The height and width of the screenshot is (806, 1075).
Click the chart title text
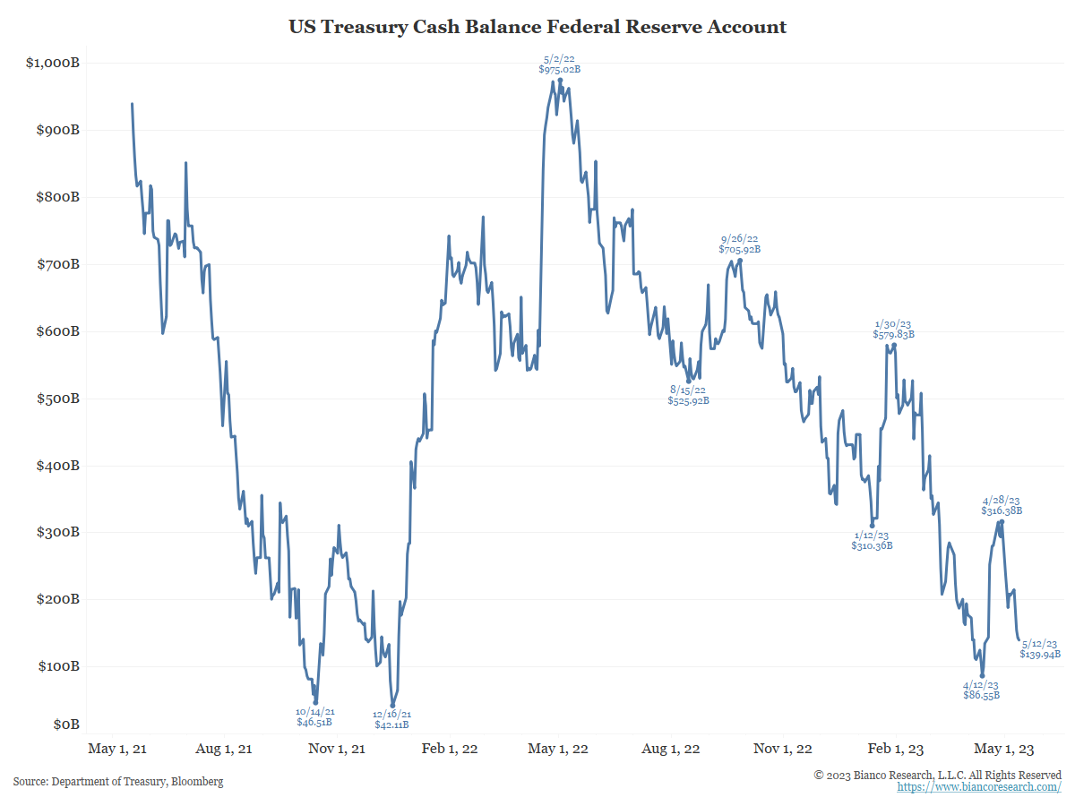click(x=537, y=27)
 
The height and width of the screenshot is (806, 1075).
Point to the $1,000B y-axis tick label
click(x=53, y=63)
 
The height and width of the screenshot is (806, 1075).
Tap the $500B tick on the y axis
click(x=56, y=399)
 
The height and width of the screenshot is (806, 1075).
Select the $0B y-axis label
click(x=64, y=724)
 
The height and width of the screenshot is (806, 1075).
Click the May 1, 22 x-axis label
click(x=559, y=749)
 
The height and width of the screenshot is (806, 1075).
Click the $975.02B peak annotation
click(x=559, y=69)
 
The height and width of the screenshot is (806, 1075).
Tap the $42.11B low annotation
click(x=391, y=725)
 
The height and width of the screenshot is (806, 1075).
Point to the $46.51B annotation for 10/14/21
click(x=314, y=721)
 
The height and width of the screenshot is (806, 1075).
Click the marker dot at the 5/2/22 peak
click(x=560, y=80)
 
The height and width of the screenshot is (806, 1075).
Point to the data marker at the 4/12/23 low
click(x=983, y=676)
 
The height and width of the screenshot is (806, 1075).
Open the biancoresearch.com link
click(x=979, y=787)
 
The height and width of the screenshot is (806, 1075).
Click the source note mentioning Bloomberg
click(x=118, y=782)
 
